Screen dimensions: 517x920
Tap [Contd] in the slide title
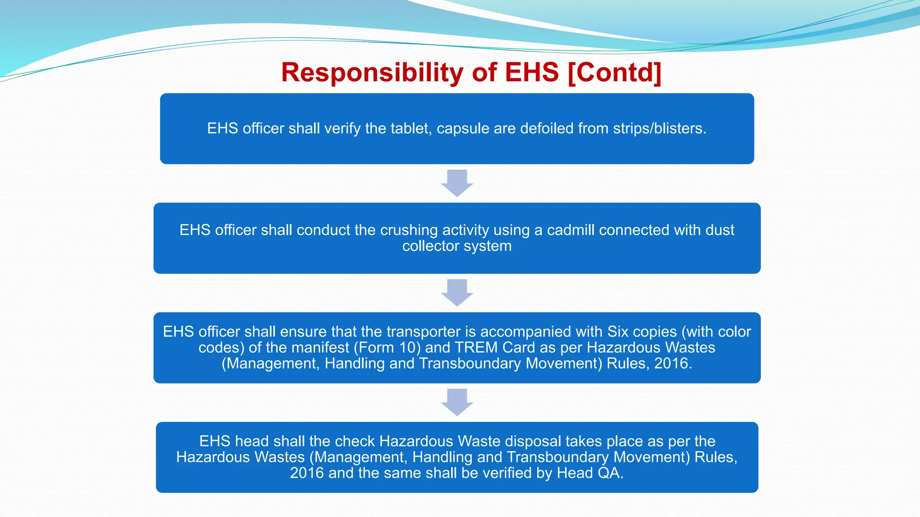pyautogui.click(x=614, y=73)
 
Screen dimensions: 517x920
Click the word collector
pyautogui.click(x=430, y=246)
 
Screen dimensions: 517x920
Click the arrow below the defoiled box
pyautogui.click(x=457, y=183)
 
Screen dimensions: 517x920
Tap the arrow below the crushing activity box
pyautogui.click(x=457, y=292)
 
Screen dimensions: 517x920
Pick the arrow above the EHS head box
pyautogui.click(x=457, y=402)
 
